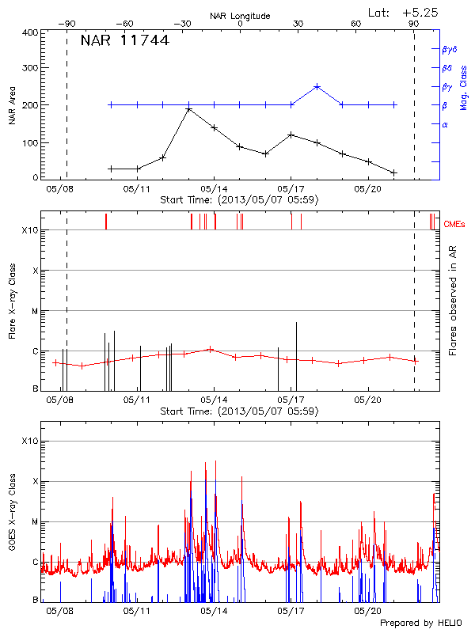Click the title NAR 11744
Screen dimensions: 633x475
tap(124, 41)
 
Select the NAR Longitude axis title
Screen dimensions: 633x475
tap(240, 15)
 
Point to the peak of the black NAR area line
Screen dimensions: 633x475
tap(188, 108)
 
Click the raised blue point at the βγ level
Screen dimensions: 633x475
tap(317, 86)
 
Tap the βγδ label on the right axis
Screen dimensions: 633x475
tap(449, 49)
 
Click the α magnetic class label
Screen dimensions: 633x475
tap(444, 124)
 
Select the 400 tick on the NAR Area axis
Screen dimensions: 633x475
tap(30, 32)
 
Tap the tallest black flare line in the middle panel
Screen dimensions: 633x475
tap(296, 356)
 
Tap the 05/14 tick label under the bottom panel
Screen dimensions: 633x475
tap(214, 611)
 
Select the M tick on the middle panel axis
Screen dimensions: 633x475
tap(33, 311)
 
